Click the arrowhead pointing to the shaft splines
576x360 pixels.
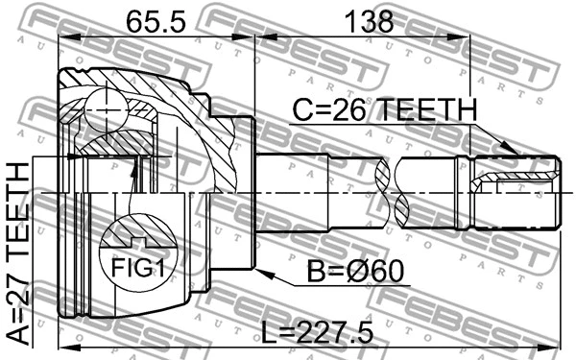click(x=514, y=153)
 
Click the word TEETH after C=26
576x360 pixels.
click(x=428, y=112)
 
